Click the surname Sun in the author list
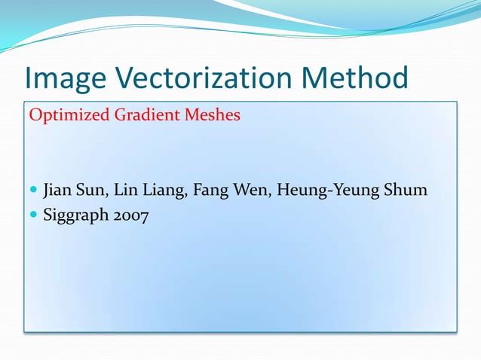92,188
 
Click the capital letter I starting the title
29,79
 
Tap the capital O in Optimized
34,116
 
